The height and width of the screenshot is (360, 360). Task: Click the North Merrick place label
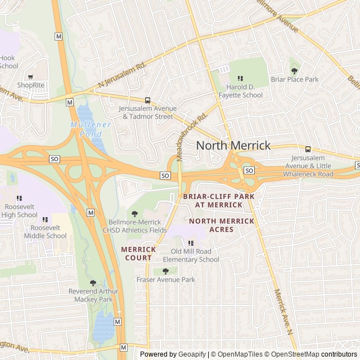(x=233, y=146)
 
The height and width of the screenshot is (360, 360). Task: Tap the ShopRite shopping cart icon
(x=30, y=76)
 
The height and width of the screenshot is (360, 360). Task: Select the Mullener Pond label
(x=87, y=129)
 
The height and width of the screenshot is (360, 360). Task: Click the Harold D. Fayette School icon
(x=241, y=79)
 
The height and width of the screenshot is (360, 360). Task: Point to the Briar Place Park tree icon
(x=294, y=71)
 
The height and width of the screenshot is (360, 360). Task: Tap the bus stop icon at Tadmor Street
(x=148, y=100)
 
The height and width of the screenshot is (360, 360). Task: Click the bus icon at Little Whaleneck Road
(x=308, y=149)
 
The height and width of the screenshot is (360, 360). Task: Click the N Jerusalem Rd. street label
(x=122, y=75)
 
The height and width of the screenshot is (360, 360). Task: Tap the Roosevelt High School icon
(x=19, y=198)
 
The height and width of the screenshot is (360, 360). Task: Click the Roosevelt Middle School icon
(x=45, y=219)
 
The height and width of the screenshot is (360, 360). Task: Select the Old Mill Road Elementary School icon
(x=191, y=243)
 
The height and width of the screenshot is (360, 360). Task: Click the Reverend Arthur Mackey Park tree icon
(x=93, y=283)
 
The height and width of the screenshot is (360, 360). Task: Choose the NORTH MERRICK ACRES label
(x=222, y=225)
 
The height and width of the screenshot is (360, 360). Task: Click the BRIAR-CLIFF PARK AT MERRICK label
(x=219, y=201)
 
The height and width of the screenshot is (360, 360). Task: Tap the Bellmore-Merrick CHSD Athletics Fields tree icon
(x=134, y=213)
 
